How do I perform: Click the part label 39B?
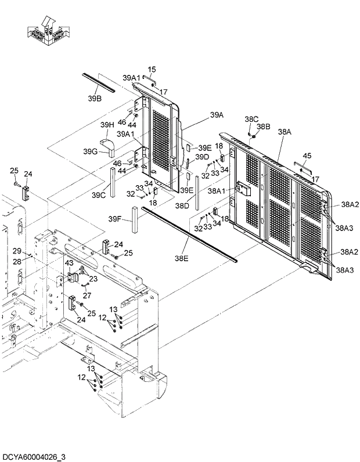coord(95,99)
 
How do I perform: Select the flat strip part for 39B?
coord(99,82)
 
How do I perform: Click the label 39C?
coord(99,195)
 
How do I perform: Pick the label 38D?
coord(183,206)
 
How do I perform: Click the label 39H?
coord(106,125)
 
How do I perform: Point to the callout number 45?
coord(307,155)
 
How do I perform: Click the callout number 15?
coord(151,70)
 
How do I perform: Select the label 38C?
coord(251,118)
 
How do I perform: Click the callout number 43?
coord(69,264)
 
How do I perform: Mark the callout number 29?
coord(17,251)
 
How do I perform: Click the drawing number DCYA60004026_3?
coord(34,457)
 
